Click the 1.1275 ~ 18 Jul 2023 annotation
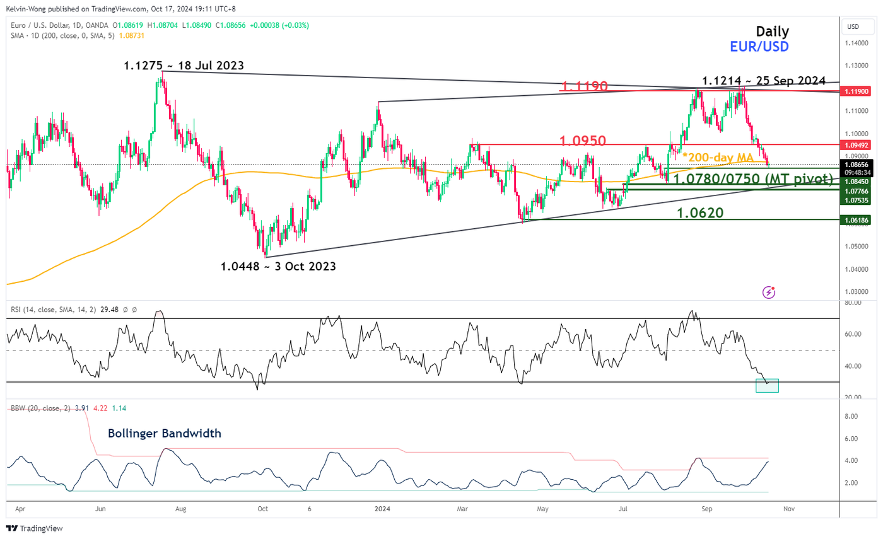point(184,65)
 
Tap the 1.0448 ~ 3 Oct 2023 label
point(278,266)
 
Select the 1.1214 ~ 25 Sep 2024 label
point(764,81)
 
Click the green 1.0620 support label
point(700,213)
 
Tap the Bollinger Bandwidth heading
point(165,433)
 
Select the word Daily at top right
point(773,32)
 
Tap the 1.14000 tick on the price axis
point(857,43)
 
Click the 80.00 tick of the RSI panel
point(853,303)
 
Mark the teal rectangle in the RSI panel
point(767,385)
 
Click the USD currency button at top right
point(853,26)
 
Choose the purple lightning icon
point(769,292)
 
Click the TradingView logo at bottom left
point(35,528)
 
